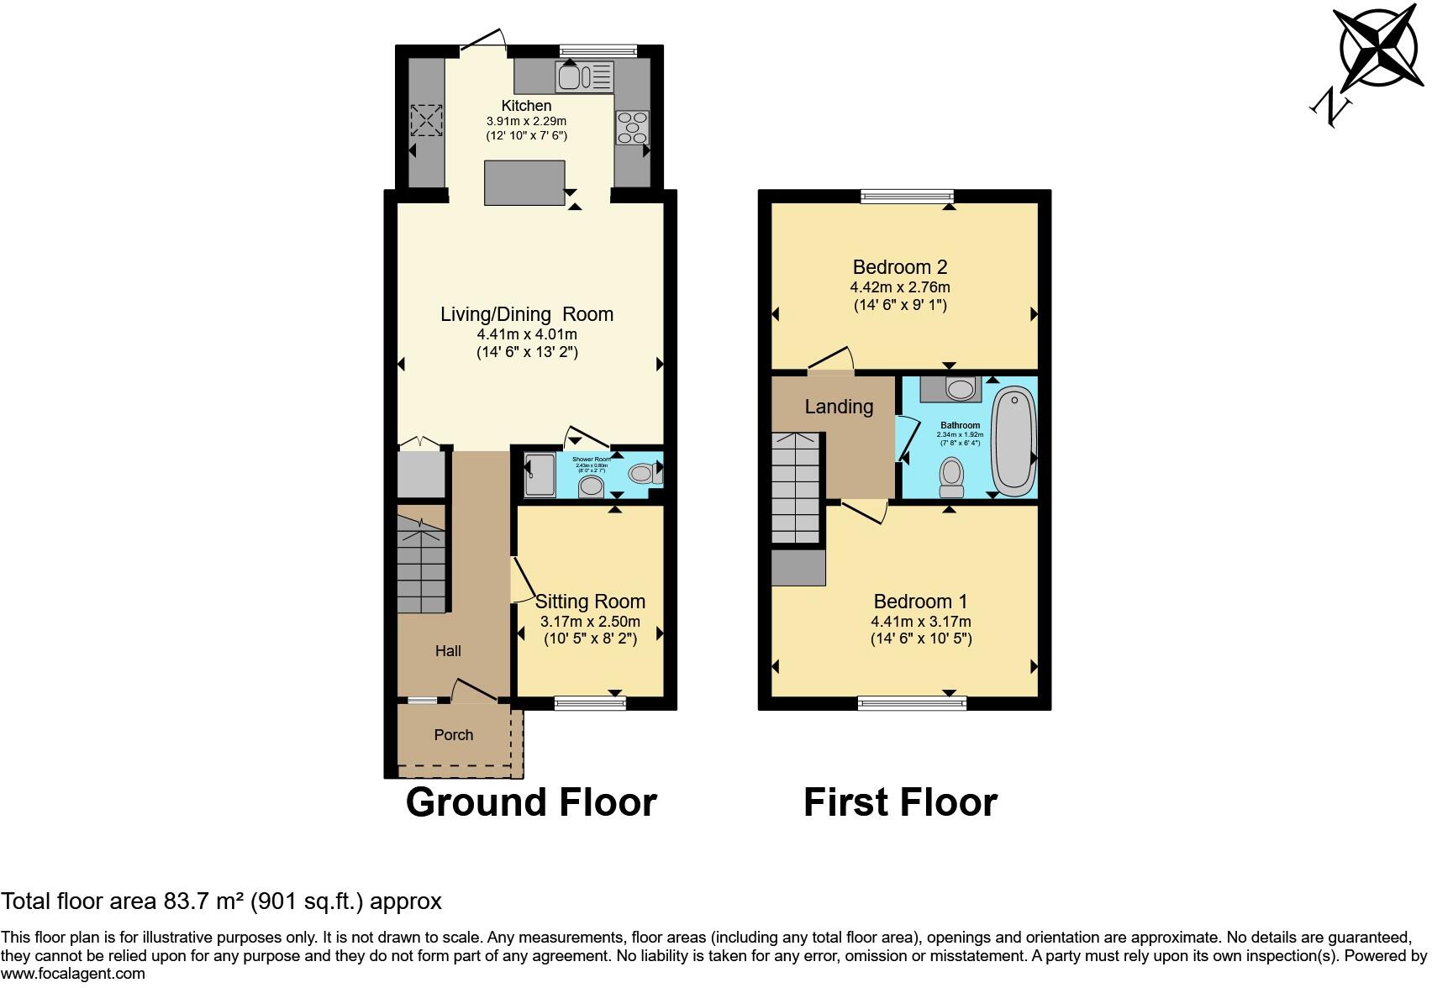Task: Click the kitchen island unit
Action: coord(524,182)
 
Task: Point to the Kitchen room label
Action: coord(526,106)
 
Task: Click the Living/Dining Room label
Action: coord(527,314)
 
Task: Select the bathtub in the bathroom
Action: coord(1014,438)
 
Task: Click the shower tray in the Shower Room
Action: coord(539,476)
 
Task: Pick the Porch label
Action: coord(454,735)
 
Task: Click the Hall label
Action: coord(448,651)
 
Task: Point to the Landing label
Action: coord(839,407)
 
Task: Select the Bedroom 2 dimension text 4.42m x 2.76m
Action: coord(900,287)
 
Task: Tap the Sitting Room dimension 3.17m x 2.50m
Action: coord(590,623)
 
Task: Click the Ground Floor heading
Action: coord(531,802)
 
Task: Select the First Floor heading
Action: coord(900,802)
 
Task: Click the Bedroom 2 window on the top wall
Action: coord(907,196)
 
